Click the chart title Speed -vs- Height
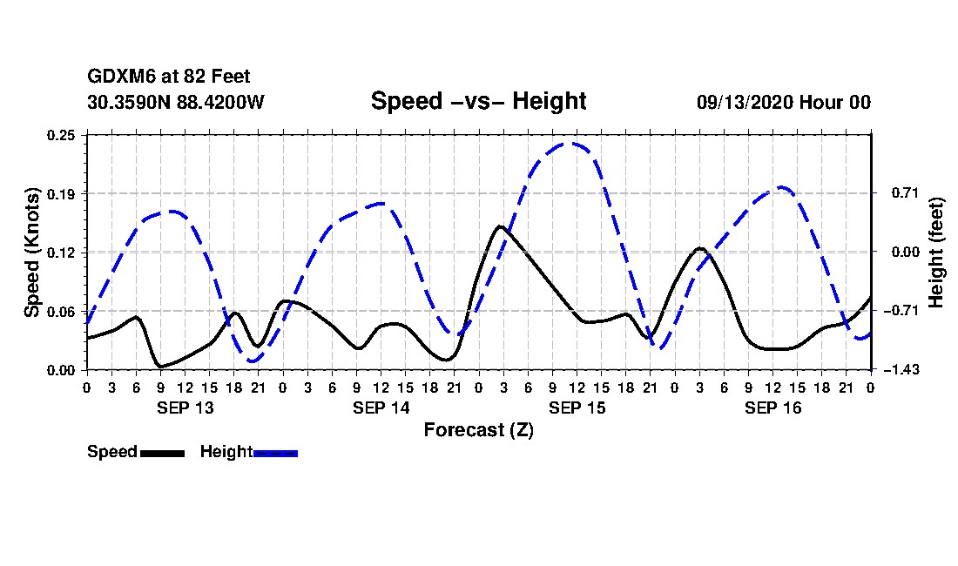(x=478, y=101)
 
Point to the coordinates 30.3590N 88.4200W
(x=176, y=103)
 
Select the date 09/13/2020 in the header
(x=745, y=103)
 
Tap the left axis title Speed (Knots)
(x=32, y=252)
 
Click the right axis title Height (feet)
(x=937, y=252)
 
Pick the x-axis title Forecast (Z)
(x=478, y=429)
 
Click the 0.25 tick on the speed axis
(x=62, y=135)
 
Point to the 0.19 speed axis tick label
(x=62, y=193)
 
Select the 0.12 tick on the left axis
(x=62, y=253)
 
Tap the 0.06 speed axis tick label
(x=62, y=311)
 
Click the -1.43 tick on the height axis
(x=894, y=370)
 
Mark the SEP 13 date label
(x=185, y=408)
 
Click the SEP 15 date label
(x=577, y=408)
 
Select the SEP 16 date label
(x=772, y=408)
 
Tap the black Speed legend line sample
(x=162, y=453)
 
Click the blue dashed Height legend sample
(x=275, y=453)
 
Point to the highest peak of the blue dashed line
(x=566, y=144)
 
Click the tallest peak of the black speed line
(x=500, y=226)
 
